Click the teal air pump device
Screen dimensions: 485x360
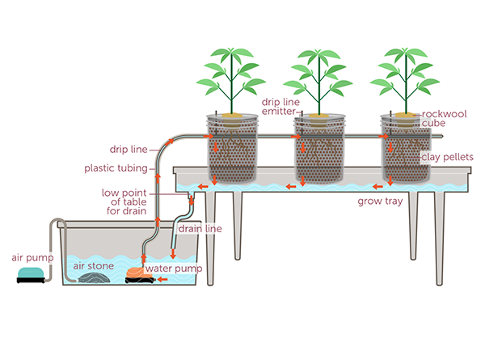[x=31, y=275]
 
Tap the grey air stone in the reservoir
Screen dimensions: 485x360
[x=94, y=277]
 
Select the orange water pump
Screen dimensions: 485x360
[x=140, y=276]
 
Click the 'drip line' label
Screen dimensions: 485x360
[x=129, y=150]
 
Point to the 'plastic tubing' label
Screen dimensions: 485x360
[x=116, y=168]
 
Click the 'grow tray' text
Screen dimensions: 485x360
[x=380, y=201]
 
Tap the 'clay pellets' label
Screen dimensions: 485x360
[x=447, y=157]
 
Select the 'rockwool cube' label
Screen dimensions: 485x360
[x=444, y=119]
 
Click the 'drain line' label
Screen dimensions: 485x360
[x=200, y=229]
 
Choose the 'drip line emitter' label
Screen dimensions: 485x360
[x=280, y=107]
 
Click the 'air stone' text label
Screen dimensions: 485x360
[x=94, y=266]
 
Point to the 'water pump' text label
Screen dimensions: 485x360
[x=174, y=269]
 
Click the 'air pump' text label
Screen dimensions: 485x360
[x=32, y=258]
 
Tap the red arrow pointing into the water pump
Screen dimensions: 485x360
[x=162, y=280]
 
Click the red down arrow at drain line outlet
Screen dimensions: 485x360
[x=173, y=253]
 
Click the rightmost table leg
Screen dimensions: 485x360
[x=439, y=239]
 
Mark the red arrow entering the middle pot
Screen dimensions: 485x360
[x=296, y=136]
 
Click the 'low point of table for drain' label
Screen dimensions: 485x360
[x=124, y=201]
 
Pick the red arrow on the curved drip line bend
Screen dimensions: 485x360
[x=169, y=142]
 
